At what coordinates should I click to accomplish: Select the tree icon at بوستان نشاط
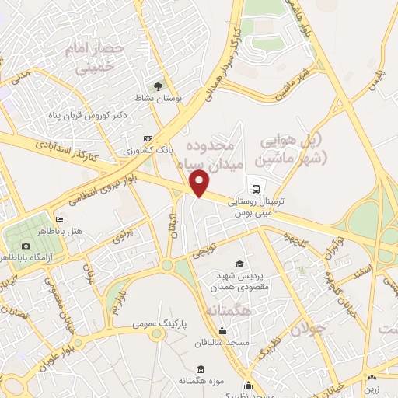[159, 86]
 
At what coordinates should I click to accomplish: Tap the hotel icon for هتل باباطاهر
[59, 220]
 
